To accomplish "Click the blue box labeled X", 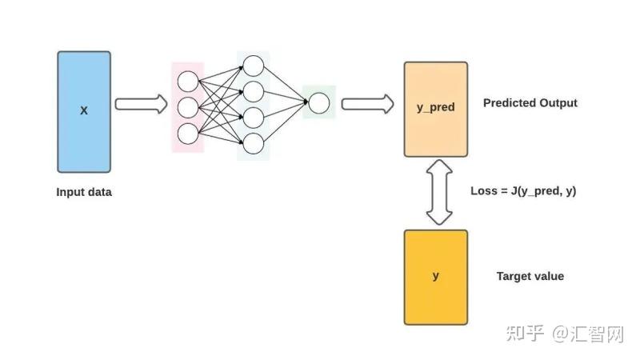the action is point(84,112).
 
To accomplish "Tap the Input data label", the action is point(84,192).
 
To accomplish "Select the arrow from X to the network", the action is point(142,104).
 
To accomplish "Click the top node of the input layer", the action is point(188,82).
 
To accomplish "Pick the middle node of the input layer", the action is point(188,108).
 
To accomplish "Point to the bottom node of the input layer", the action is point(188,134).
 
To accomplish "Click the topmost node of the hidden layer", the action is point(254,66).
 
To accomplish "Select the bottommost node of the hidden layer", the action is point(254,143).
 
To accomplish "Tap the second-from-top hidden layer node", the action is point(254,91).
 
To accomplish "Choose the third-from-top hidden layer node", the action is point(254,118).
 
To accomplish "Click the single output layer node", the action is point(318,103).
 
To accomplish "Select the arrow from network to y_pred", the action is point(368,104).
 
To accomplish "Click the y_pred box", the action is point(436,110).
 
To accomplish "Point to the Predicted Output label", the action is point(530,103).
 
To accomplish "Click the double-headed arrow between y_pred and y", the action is point(439,192).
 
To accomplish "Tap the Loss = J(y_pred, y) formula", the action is point(523,191).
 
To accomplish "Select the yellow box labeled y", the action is point(436,278).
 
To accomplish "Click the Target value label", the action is point(530,276).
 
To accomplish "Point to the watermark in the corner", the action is point(566,334).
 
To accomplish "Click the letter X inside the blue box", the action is point(84,110).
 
